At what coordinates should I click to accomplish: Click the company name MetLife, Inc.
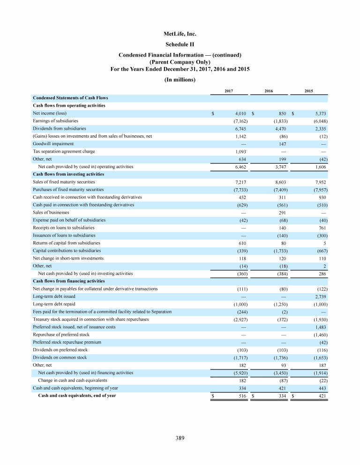(x=180, y=34)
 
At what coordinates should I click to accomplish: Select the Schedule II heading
(x=180, y=44)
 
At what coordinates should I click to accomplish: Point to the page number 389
(x=180, y=438)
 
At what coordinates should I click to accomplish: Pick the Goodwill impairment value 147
(x=282, y=144)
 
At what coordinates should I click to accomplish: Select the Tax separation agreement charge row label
(x=64, y=152)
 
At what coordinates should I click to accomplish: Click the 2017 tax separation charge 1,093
(x=240, y=152)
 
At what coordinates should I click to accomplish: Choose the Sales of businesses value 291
(x=282, y=212)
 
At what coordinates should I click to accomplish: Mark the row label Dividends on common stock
(x=60, y=357)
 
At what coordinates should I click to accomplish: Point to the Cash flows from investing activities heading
(x=68, y=174)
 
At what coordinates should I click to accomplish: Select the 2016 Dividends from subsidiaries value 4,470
(x=280, y=129)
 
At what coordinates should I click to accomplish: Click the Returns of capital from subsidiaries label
(x=66, y=243)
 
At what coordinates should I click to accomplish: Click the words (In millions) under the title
(x=180, y=79)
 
